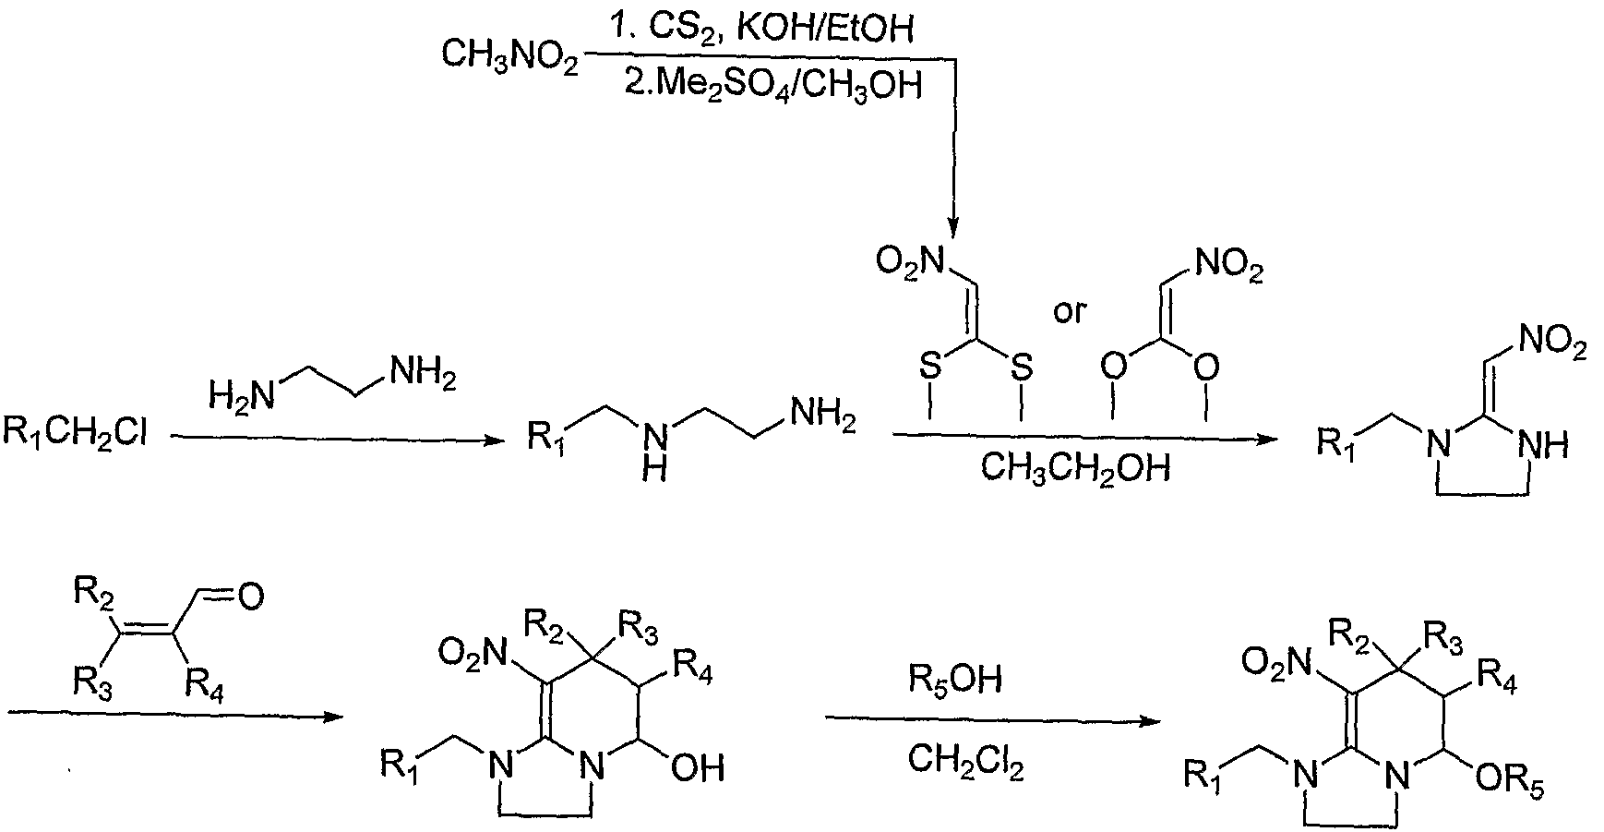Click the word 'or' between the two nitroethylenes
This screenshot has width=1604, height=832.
1070,311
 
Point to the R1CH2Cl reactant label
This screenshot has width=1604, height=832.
76,431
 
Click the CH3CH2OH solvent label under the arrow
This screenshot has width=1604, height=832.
1075,468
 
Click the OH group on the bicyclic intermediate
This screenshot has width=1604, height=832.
698,768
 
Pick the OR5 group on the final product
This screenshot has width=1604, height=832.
1511,783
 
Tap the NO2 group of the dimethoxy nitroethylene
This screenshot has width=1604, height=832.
1228,268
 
